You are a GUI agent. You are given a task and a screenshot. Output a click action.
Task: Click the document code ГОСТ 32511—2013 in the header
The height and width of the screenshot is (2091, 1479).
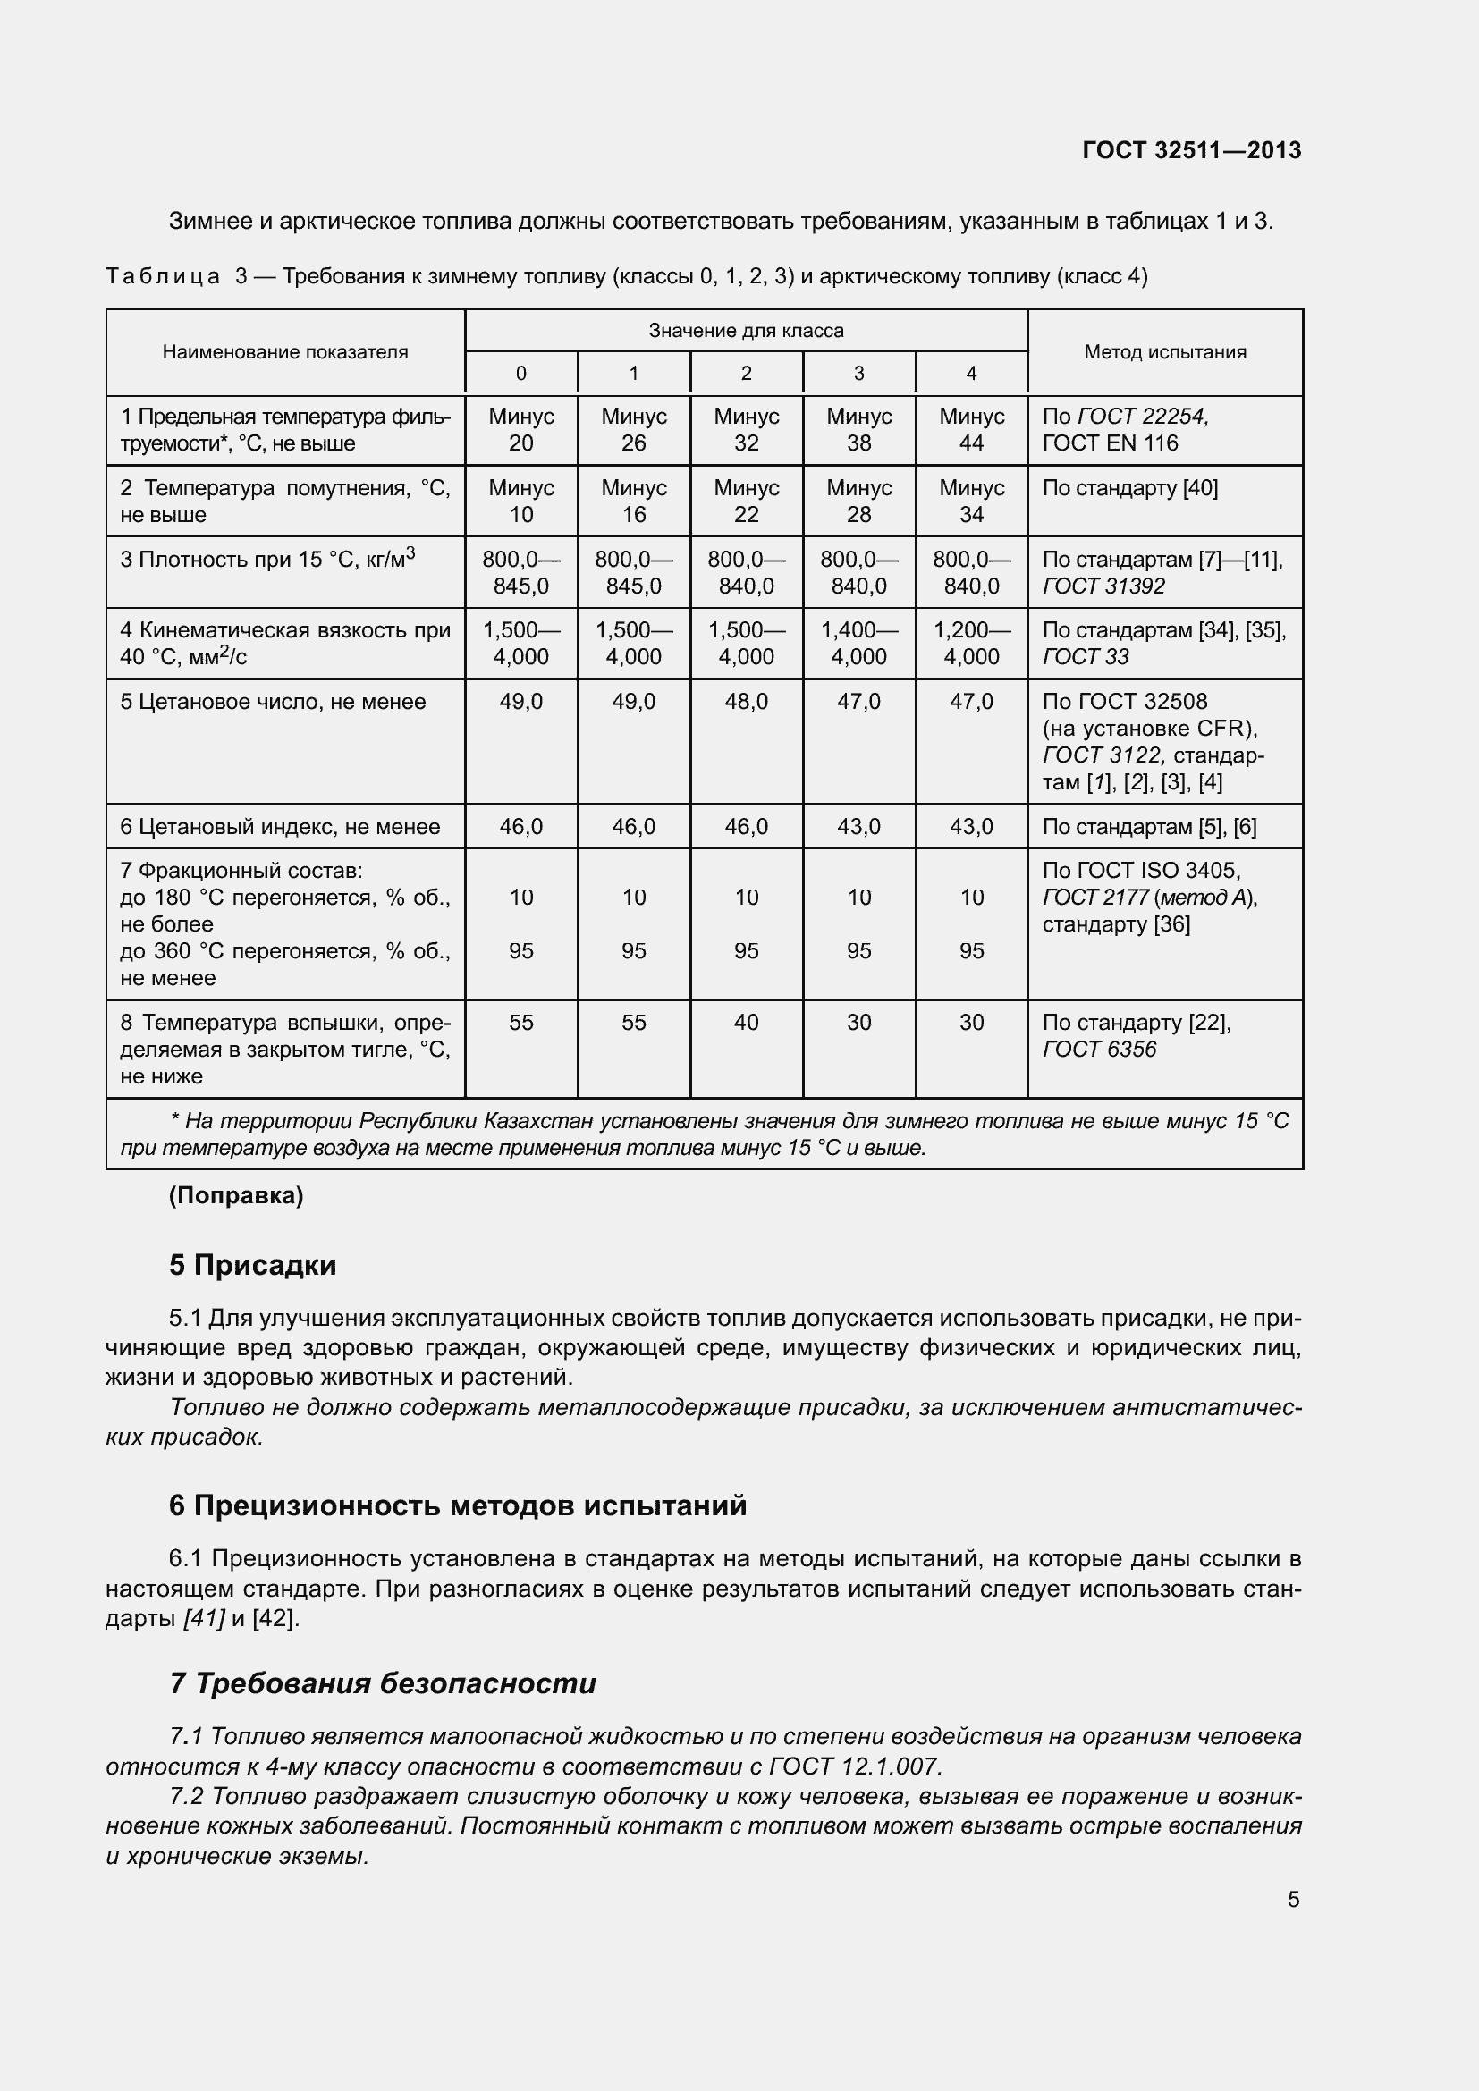(x=1191, y=150)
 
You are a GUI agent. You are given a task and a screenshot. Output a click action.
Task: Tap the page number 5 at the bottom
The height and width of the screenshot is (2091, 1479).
(x=1293, y=1899)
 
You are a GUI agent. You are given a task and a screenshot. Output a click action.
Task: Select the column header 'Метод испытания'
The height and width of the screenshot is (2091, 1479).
(x=1165, y=351)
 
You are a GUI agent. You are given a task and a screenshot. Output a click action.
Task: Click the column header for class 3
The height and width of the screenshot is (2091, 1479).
(x=858, y=374)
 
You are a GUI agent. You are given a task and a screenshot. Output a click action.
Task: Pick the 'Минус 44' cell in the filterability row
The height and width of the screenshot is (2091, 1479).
(x=971, y=430)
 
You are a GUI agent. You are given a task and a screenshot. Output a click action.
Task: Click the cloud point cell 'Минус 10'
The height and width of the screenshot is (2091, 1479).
(x=521, y=501)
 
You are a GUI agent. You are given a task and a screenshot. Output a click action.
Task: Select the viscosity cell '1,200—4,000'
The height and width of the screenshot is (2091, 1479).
(x=971, y=643)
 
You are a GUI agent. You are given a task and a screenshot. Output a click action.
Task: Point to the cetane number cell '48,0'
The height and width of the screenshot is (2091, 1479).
(x=746, y=701)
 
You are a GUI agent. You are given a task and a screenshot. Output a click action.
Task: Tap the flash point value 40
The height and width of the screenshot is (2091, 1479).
(x=746, y=1022)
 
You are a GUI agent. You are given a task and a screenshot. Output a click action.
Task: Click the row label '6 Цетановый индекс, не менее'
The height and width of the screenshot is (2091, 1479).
(x=280, y=827)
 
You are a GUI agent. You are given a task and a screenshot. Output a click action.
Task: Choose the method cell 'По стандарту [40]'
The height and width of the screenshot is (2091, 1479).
(x=1129, y=488)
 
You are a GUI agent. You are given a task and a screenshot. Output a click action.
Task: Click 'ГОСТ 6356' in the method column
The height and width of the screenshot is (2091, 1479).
(x=1099, y=1050)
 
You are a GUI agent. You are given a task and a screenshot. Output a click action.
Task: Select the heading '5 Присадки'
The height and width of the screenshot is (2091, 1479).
(x=252, y=1265)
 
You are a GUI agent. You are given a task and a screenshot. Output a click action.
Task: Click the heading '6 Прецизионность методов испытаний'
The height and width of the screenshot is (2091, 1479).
(x=457, y=1505)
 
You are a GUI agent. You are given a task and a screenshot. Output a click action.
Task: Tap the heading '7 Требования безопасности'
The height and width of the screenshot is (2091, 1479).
(x=383, y=1683)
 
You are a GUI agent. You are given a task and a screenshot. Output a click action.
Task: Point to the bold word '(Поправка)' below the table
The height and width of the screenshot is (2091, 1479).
(x=236, y=1196)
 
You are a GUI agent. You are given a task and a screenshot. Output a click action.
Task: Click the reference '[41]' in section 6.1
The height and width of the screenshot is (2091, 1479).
(x=203, y=1618)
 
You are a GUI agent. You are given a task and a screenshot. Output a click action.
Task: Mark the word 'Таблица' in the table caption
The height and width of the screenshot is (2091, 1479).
(x=162, y=276)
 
